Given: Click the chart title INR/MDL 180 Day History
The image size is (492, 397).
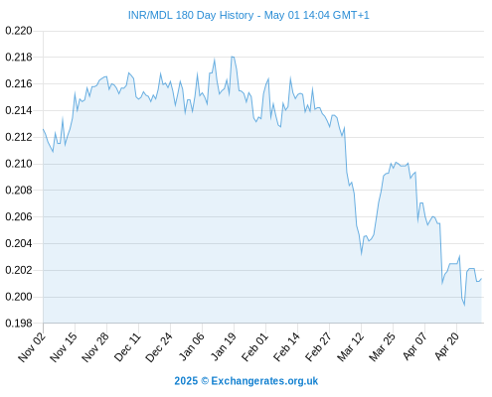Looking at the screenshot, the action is click(x=191, y=15).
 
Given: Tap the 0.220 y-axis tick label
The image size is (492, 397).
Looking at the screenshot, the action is click(x=19, y=31).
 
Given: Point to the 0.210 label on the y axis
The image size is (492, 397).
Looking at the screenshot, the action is click(x=19, y=164).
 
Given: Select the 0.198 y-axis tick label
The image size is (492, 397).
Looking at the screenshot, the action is click(x=19, y=324).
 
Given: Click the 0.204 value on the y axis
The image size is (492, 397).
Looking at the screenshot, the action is click(x=19, y=243).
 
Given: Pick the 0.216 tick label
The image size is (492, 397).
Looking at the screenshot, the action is click(x=19, y=83).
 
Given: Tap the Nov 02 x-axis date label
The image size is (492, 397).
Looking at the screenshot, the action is click(x=32, y=346).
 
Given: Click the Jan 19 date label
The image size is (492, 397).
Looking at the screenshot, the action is click(x=224, y=346).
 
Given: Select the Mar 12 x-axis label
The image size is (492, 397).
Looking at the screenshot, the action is click(x=350, y=346).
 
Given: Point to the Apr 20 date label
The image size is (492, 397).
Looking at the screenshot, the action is click(x=446, y=345).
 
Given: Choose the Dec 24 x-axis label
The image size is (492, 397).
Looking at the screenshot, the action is click(x=159, y=347).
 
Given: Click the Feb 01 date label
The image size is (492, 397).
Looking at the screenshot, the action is click(x=254, y=346).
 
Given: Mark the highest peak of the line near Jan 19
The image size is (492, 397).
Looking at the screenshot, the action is click(x=233, y=57).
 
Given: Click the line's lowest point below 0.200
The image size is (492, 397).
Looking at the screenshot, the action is click(x=464, y=305).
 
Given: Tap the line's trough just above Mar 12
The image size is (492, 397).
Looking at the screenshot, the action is click(x=361, y=254).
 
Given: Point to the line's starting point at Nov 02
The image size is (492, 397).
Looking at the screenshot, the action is click(x=43, y=129).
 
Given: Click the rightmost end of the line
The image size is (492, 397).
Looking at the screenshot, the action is click(x=481, y=279).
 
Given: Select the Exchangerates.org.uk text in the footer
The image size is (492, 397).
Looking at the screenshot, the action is click(x=264, y=381).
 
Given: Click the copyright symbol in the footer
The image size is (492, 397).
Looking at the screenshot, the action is click(x=205, y=381).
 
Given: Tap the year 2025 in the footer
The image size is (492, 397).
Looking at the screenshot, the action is click(x=186, y=381).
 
